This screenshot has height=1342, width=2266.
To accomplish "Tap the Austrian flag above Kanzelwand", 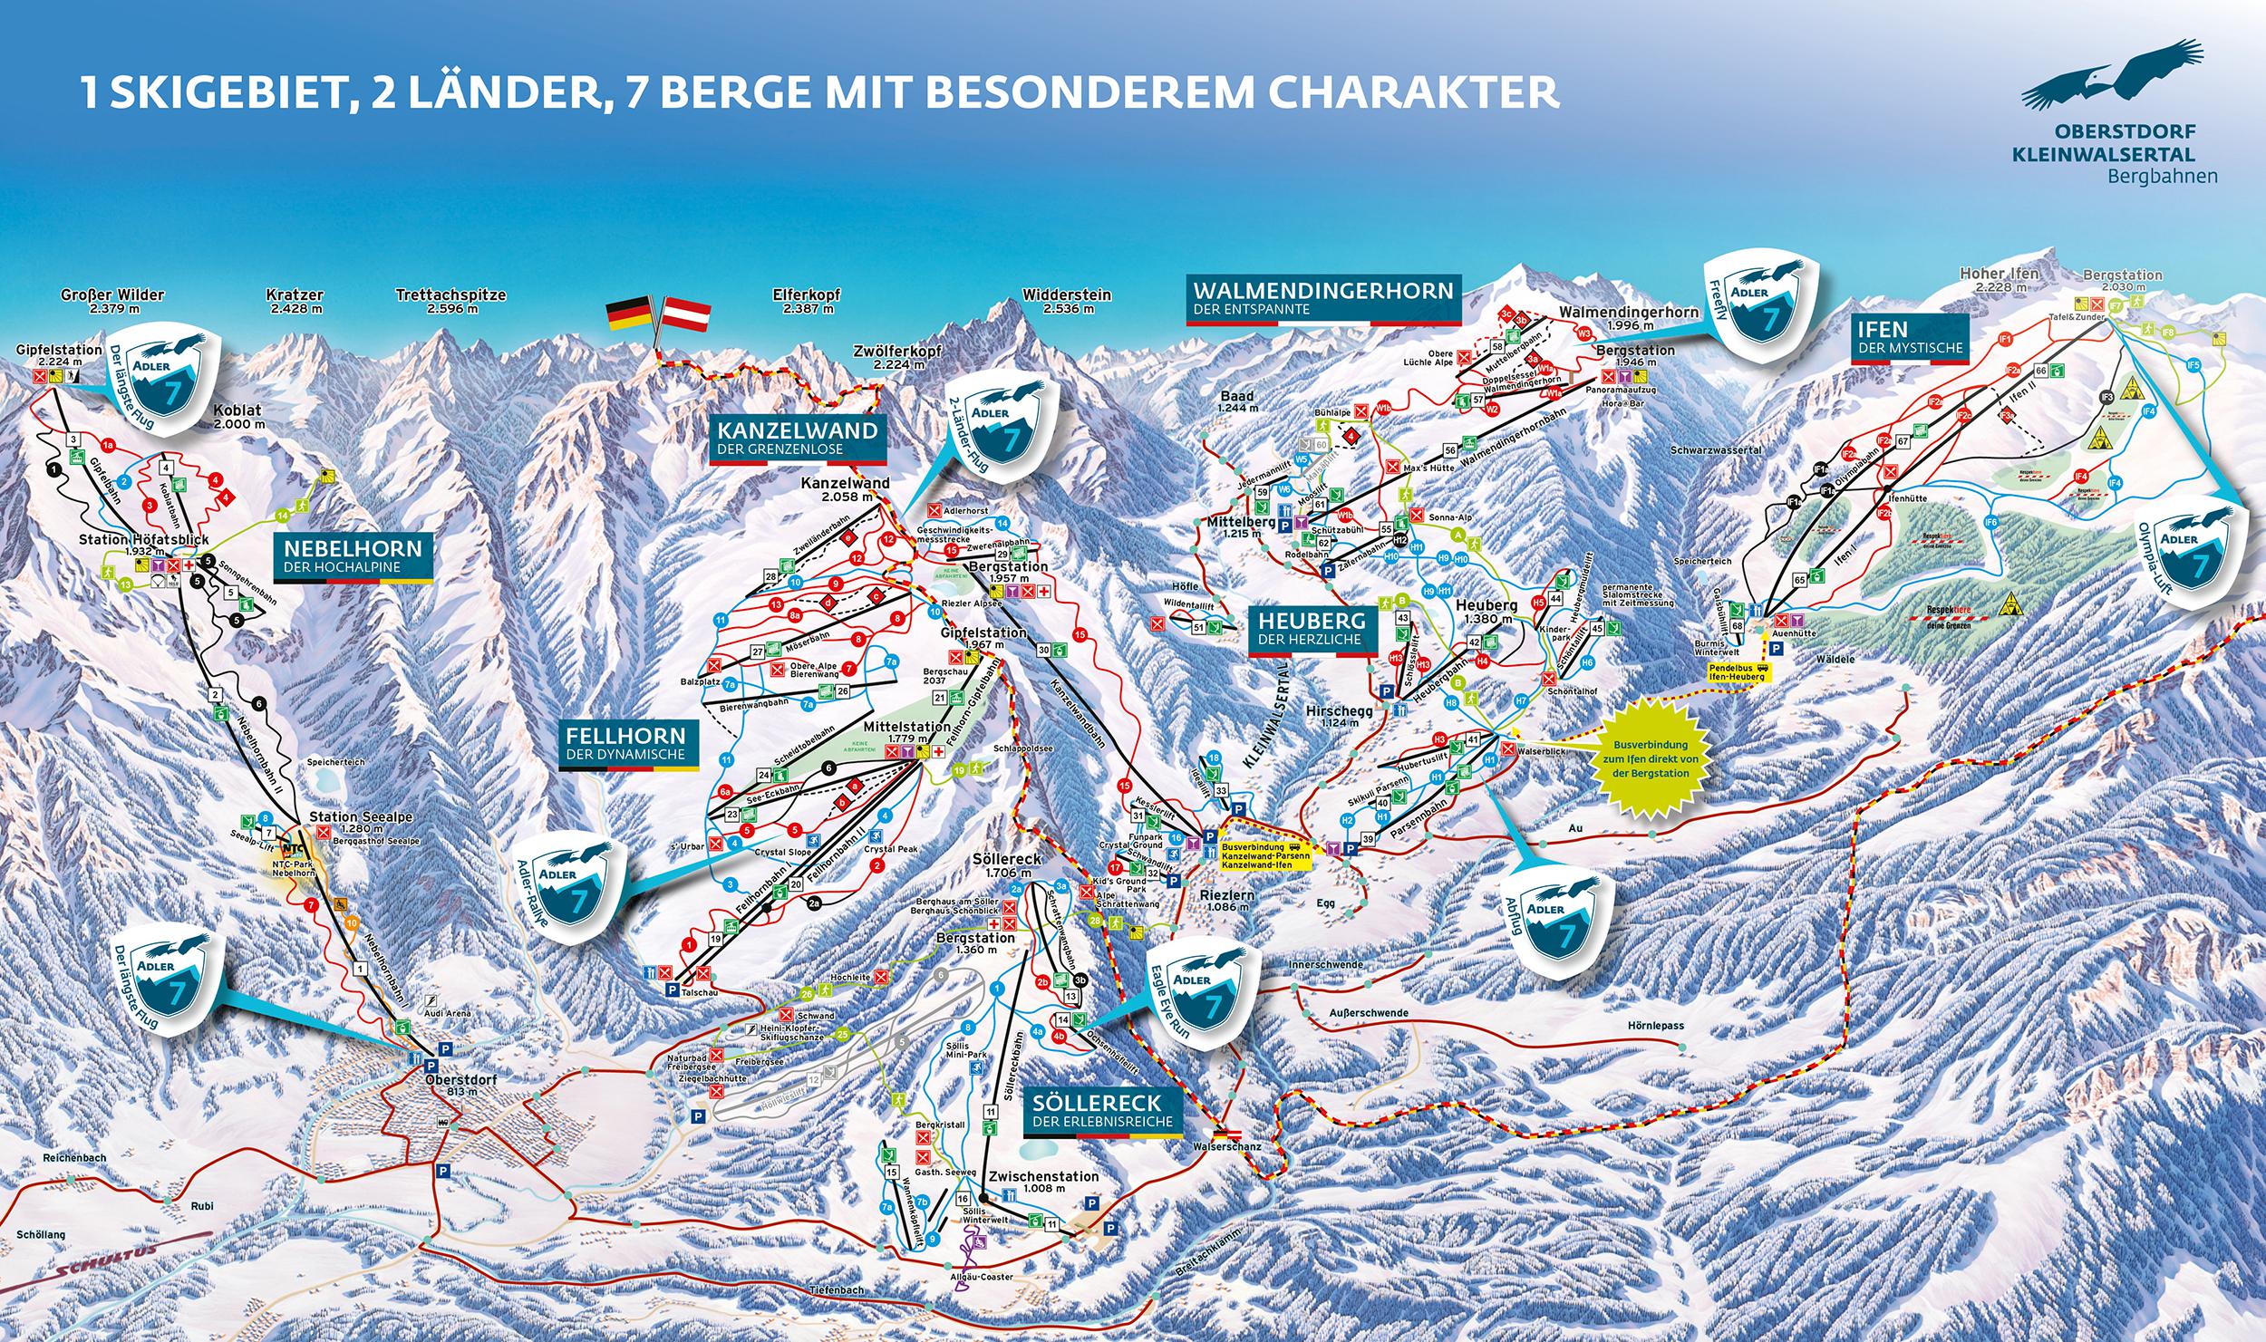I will [x=689, y=314].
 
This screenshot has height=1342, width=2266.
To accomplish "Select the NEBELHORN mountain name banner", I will [x=353, y=555].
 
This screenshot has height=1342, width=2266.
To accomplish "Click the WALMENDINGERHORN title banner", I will [x=1324, y=299].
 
